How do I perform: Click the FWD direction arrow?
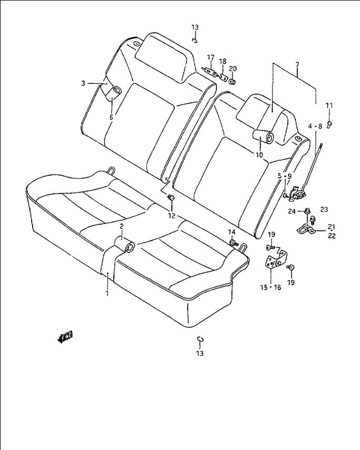click(x=65, y=337)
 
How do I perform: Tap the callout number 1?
click(x=107, y=294)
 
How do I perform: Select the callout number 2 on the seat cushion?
click(x=122, y=226)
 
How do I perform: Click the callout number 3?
click(x=83, y=83)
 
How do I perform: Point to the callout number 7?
click(x=297, y=65)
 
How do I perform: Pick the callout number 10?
click(x=259, y=155)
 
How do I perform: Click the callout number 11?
click(x=329, y=106)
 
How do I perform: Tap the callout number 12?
click(x=171, y=216)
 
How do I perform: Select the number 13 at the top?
click(x=195, y=27)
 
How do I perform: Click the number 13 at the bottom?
click(x=200, y=353)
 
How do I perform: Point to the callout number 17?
click(x=211, y=58)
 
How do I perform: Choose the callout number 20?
click(x=233, y=69)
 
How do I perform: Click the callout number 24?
click(x=292, y=212)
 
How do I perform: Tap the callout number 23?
click(x=324, y=209)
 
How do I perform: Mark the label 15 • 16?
click(x=270, y=288)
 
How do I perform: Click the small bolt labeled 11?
click(x=329, y=125)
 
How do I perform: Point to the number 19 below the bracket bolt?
click(x=291, y=283)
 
